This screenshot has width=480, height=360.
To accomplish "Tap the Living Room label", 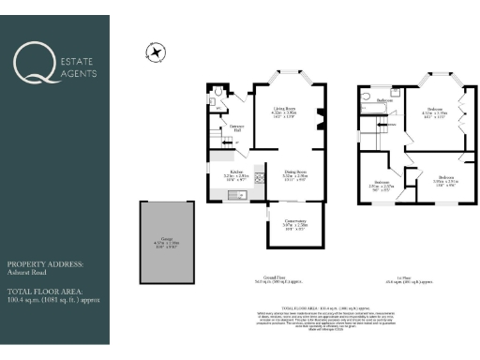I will click(283, 110).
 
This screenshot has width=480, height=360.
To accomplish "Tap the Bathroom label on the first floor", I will click(383, 100).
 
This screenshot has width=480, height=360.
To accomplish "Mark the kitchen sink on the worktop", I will click(234, 194).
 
